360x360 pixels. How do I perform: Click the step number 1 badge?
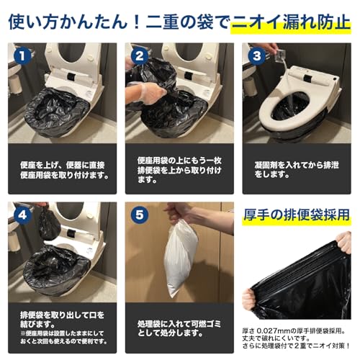click(22, 55)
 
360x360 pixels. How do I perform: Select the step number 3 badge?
click(256, 55)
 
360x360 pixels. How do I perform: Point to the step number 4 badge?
click(22, 214)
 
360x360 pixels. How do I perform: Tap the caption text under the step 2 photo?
click(177, 169)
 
